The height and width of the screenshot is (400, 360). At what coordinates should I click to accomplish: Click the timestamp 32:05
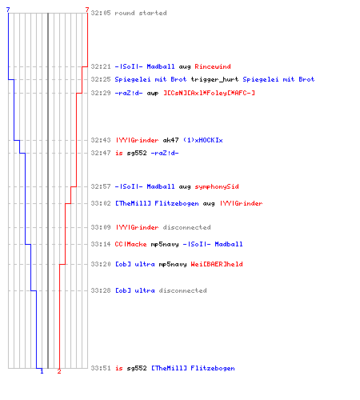pos(101,13)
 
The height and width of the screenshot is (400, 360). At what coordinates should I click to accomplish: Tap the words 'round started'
pos(141,13)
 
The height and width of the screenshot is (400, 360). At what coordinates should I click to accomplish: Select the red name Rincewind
pos(213,66)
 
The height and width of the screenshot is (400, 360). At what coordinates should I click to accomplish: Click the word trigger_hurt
pos(214,79)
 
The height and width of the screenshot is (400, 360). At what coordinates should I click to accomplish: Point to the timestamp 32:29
pos(101,93)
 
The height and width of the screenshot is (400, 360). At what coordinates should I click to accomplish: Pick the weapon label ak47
pos(170,140)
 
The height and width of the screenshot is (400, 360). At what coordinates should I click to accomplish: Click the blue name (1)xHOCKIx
pos(202,140)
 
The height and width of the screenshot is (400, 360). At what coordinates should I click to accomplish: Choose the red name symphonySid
pos(217,186)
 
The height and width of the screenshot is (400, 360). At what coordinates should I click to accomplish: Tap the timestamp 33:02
pos(101,203)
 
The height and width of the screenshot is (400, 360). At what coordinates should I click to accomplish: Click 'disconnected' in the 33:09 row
pos(186,227)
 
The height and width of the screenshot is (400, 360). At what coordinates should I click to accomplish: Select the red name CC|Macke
pos(130,244)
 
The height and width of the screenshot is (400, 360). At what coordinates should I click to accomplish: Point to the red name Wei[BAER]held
pos(217,264)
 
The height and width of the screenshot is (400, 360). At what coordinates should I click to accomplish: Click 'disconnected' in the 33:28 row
pos(182,290)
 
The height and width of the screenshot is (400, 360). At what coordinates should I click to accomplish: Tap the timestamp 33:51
pos(101,368)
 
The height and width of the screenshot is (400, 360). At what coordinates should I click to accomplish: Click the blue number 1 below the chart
pos(42,371)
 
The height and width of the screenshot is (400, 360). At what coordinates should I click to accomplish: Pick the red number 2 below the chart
pos(59,371)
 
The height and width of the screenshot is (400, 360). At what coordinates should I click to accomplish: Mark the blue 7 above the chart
pos(8,10)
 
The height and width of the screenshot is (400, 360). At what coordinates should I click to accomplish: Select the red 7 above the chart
pos(87,10)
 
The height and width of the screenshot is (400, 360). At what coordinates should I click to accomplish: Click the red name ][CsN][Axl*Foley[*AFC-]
pos(209,93)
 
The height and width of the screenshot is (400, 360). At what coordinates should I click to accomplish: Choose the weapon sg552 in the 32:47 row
pos(137,153)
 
